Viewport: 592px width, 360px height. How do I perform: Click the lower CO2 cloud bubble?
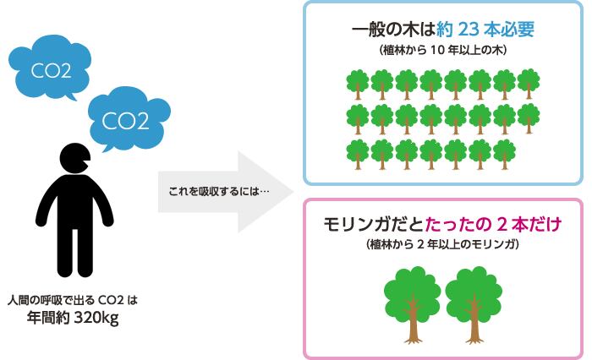pyautogui.click(x=129, y=119)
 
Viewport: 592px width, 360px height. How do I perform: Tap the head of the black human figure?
pyautogui.click(x=75, y=159)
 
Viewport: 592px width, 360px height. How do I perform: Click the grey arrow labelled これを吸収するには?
pyautogui.click(x=226, y=192)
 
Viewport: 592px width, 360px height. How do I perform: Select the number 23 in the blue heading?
pyautogui.click(x=469, y=30)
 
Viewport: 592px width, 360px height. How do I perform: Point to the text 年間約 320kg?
pyautogui.click(x=73, y=318)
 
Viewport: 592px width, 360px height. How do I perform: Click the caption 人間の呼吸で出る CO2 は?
pyautogui.click(x=73, y=300)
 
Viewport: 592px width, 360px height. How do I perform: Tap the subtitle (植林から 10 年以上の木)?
pyautogui.click(x=443, y=50)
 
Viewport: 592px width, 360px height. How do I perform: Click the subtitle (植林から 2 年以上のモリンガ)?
pyautogui.click(x=442, y=244)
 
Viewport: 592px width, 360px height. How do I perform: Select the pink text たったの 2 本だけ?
pyautogui.click(x=494, y=225)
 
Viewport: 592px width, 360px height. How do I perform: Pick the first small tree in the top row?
pyautogui.click(x=358, y=85)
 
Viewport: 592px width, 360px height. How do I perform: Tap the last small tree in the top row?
pyautogui.click(x=529, y=85)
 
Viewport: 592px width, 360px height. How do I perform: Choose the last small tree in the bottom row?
pyautogui.click(x=504, y=155)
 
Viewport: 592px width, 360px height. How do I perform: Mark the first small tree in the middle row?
pyautogui.click(x=358, y=119)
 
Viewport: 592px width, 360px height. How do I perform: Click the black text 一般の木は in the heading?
pyautogui.click(x=393, y=30)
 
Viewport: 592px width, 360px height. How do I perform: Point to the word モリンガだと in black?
pyautogui.click(x=374, y=225)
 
